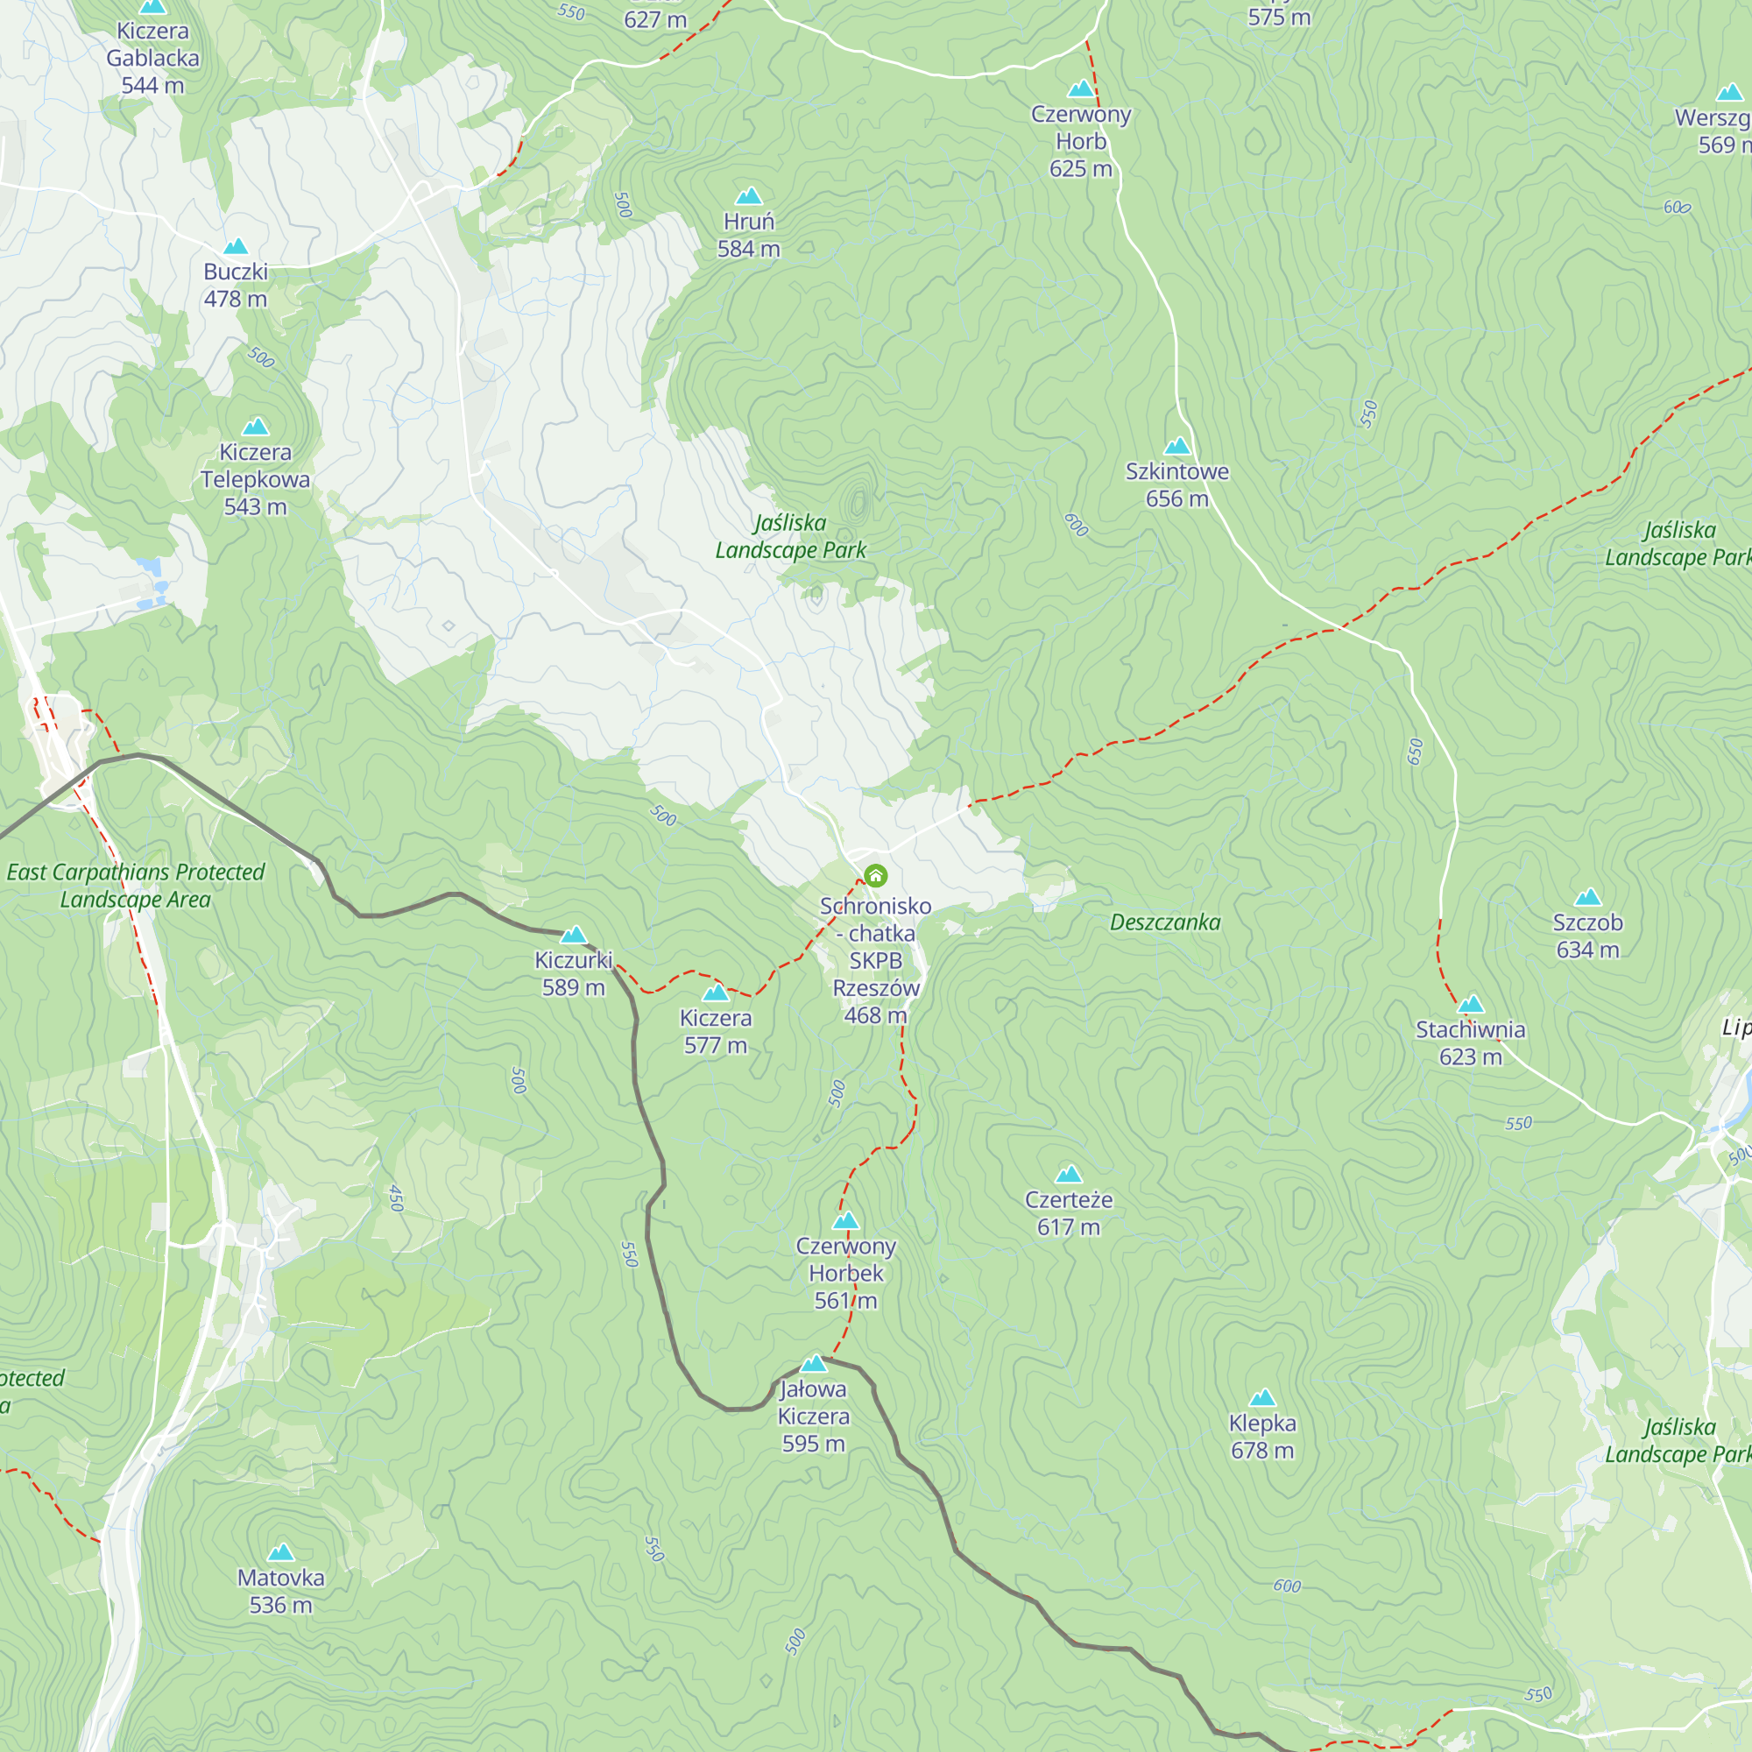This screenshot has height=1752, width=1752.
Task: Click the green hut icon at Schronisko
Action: pyautogui.click(x=875, y=875)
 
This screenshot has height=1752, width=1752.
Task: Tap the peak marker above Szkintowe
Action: pyautogui.click(x=1177, y=445)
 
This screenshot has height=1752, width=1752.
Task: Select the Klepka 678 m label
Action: pyautogui.click(x=1262, y=1437)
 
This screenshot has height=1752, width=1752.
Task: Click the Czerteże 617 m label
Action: pyautogui.click(x=1068, y=1212)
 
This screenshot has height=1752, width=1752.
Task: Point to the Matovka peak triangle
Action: pyautogui.click(x=281, y=1552)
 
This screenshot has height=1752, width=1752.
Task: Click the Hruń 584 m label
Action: pyautogui.click(x=748, y=235)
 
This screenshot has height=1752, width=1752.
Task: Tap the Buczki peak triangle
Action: pyautogui.click(x=236, y=247)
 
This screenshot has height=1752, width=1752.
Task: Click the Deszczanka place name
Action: pyautogui.click(x=1165, y=922)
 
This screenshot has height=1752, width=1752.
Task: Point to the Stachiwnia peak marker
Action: pyautogui.click(x=1471, y=1004)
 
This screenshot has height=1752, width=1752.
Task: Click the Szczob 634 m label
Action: pyautogui.click(x=1588, y=936)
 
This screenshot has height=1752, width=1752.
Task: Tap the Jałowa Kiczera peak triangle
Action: pyautogui.click(x=815, y=1363)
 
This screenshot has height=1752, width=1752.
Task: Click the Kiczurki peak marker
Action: pyautogui.click(x=574, y=935)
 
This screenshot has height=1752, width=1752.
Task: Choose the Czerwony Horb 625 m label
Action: pyautogui.click(x=1081, y=140)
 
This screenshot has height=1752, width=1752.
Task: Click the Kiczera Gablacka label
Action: pyautogui.click(x=152, y=58)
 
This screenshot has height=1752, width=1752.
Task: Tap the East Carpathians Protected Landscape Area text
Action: pyautogui.click(x=136, y=885)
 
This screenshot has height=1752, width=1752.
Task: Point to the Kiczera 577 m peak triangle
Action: pyautogui.click(x=716, y=993)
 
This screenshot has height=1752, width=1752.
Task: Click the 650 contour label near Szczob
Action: pyautogui.click(x=1416, y=751)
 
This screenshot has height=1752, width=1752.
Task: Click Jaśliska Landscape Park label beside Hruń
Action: pyautogui.click(x=791, y=536)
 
